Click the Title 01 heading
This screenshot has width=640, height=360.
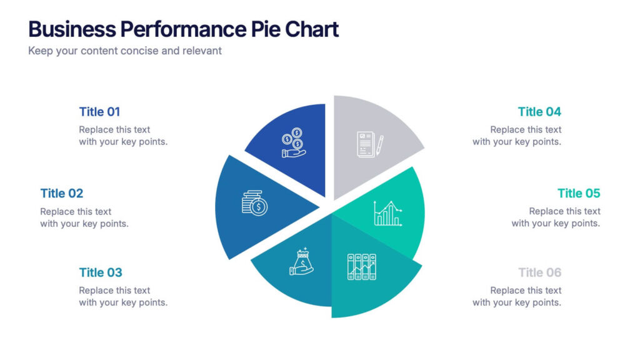tap(99, 112)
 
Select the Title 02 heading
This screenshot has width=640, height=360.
tap(62, 193)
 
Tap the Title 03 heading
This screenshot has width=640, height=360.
tap(101, 272)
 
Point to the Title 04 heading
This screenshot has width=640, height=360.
tap(539, 112)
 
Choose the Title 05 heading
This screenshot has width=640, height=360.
tap(579, 193)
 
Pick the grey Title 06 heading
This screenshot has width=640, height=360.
tap(539, 272)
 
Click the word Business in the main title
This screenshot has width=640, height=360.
tap(72, 29)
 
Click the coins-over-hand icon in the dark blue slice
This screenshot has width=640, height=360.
tap(293, 143)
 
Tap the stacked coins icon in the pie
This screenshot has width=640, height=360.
tap(254, 203)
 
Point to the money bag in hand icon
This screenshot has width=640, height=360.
tap(301, 261)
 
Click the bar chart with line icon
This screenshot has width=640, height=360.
tap(387, 213)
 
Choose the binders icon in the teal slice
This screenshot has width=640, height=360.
tap(362, 267)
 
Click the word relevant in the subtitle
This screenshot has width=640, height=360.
tap(202, 51)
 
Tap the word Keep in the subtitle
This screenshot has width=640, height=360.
tap(39, 51)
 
